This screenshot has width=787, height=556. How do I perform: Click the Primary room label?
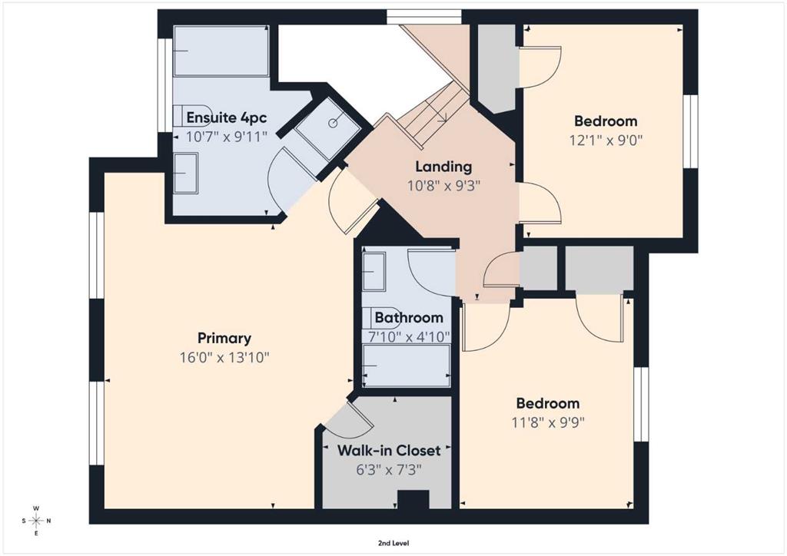[x=224, y=339]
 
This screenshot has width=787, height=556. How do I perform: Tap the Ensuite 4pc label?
[x=227, y=117]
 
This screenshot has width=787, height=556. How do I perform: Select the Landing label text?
[x=443, y=167]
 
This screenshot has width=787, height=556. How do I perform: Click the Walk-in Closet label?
[x=389, y=450]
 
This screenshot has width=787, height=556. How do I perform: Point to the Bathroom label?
[x=409, y=318]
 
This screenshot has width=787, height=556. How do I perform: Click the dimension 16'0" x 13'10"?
[x=225, y=358]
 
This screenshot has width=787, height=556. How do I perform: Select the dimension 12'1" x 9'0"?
[x=606, y=140]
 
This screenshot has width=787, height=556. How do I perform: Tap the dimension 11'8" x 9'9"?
[x=548, y=423]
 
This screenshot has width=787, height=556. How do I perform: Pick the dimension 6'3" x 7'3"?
[x=389, y=470]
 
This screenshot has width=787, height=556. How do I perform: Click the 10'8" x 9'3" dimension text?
[x=443, y=186]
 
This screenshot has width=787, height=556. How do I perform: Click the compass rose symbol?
[x=36, y=521]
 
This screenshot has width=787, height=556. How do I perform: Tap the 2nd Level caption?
[x=393, y=543]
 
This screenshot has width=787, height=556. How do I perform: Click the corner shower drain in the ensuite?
[x=333, y=123]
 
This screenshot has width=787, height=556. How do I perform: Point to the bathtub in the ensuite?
[x=221, y=51]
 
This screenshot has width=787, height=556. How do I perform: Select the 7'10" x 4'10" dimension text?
[x=409, y=337]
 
